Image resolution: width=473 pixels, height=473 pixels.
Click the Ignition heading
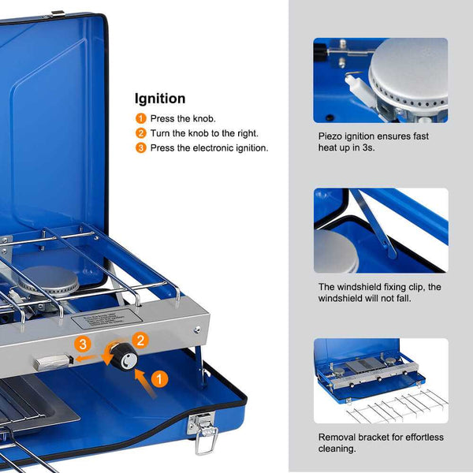tap(160, 99)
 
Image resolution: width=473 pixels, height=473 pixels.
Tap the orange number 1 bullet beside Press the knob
tap(140, 118)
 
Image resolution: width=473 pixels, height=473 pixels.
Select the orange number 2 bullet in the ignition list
tap(140, 133)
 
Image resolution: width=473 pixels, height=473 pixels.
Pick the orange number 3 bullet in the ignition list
tap(140, 148)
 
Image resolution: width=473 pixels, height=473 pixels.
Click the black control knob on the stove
tap(125, 357)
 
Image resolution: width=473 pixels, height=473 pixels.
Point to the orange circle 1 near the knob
tap(159, 379)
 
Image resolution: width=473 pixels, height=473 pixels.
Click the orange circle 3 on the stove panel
tap(83, 345)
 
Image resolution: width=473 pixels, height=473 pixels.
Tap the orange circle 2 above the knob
tap(140, 341)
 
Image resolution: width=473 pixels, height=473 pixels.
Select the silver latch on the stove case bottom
tap(202, 430)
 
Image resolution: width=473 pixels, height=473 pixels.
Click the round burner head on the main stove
tap(48, 280)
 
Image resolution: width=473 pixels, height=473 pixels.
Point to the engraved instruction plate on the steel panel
tap(106, 318)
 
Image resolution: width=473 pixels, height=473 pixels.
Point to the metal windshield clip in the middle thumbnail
tap(374, 223)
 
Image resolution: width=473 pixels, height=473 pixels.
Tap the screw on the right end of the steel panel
tap(197, 329)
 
